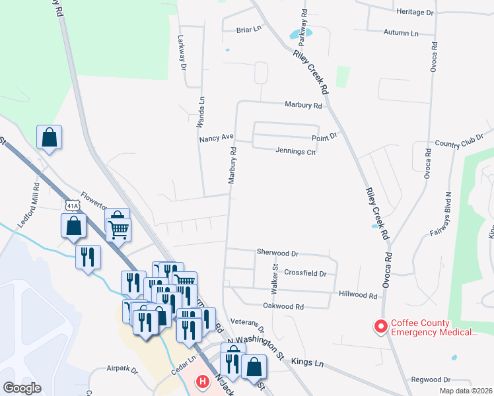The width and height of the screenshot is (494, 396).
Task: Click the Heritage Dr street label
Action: point(415,13)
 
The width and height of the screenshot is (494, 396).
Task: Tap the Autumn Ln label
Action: point(401,33)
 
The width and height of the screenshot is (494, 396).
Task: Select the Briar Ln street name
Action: point(249,30)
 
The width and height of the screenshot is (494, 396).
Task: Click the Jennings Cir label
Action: point(297,152)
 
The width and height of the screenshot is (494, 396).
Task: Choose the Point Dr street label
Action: point(325,137)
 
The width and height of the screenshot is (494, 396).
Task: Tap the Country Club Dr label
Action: point(459,143)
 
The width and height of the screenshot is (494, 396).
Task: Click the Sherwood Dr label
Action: point(277,253)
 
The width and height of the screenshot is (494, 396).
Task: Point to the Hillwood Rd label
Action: point(357,295)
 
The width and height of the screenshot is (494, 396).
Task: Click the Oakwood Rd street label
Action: point(283,306)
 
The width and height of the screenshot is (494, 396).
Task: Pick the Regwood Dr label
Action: point(430,379)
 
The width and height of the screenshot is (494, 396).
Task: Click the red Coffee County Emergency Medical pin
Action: point(380,326)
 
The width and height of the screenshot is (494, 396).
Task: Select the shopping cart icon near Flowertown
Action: point(118,230)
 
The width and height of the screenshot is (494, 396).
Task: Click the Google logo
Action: point(22,388)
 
